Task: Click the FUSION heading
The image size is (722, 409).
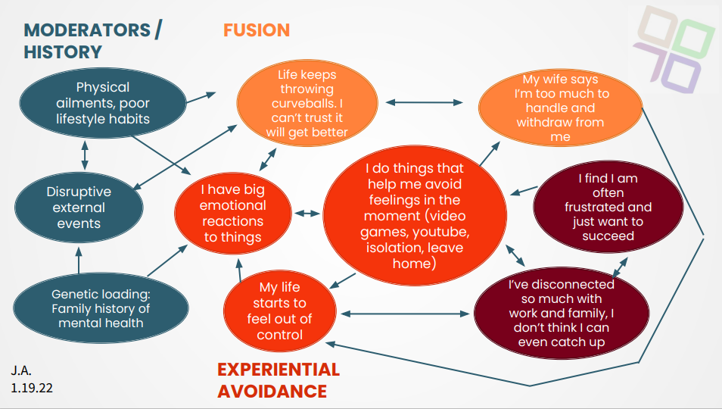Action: pos(256,30)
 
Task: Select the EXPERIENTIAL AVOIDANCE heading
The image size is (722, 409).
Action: pos(278,380)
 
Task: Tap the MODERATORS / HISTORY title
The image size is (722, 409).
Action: pos(92,41)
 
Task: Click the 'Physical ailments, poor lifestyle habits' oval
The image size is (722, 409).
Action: pos(103,103)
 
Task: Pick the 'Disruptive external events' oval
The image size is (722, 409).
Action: pos(79,207)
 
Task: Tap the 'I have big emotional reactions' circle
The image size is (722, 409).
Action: pos(232,213)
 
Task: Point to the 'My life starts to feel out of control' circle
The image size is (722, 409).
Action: pos(279,310)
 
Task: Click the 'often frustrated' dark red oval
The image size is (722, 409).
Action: pos(608,208)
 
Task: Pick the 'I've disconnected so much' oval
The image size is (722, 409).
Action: pos(561,313)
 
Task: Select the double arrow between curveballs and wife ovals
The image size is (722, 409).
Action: pos(425,101)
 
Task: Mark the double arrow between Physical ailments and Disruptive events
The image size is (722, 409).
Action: pos(84,154)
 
